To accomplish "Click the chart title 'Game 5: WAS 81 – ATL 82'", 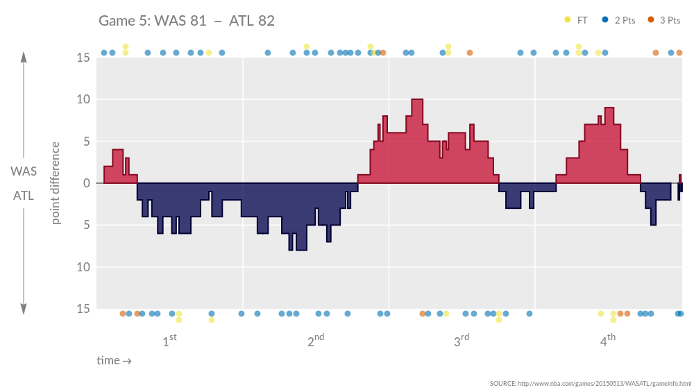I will [187, 21].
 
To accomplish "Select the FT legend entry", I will [577, 20].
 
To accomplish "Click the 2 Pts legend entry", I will [619, 20].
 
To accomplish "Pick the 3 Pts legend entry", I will [664, 20].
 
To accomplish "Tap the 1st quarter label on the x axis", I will [169, 341].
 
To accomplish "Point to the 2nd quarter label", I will [316, 341].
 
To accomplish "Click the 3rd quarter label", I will [462, 341].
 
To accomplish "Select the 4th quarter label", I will [607, 341].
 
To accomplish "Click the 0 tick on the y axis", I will [87, 183].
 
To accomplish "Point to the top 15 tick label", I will [83, 58].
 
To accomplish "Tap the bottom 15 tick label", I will [83, 309].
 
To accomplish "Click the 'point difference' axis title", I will [56, 183].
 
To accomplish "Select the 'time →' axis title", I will [114, 361].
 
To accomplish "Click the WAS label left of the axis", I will [24, 171].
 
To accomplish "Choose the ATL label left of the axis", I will [24, 196].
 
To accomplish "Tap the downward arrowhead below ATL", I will [24, 310].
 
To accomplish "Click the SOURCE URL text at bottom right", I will [591, 383].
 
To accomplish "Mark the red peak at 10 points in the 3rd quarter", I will [417, 101].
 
